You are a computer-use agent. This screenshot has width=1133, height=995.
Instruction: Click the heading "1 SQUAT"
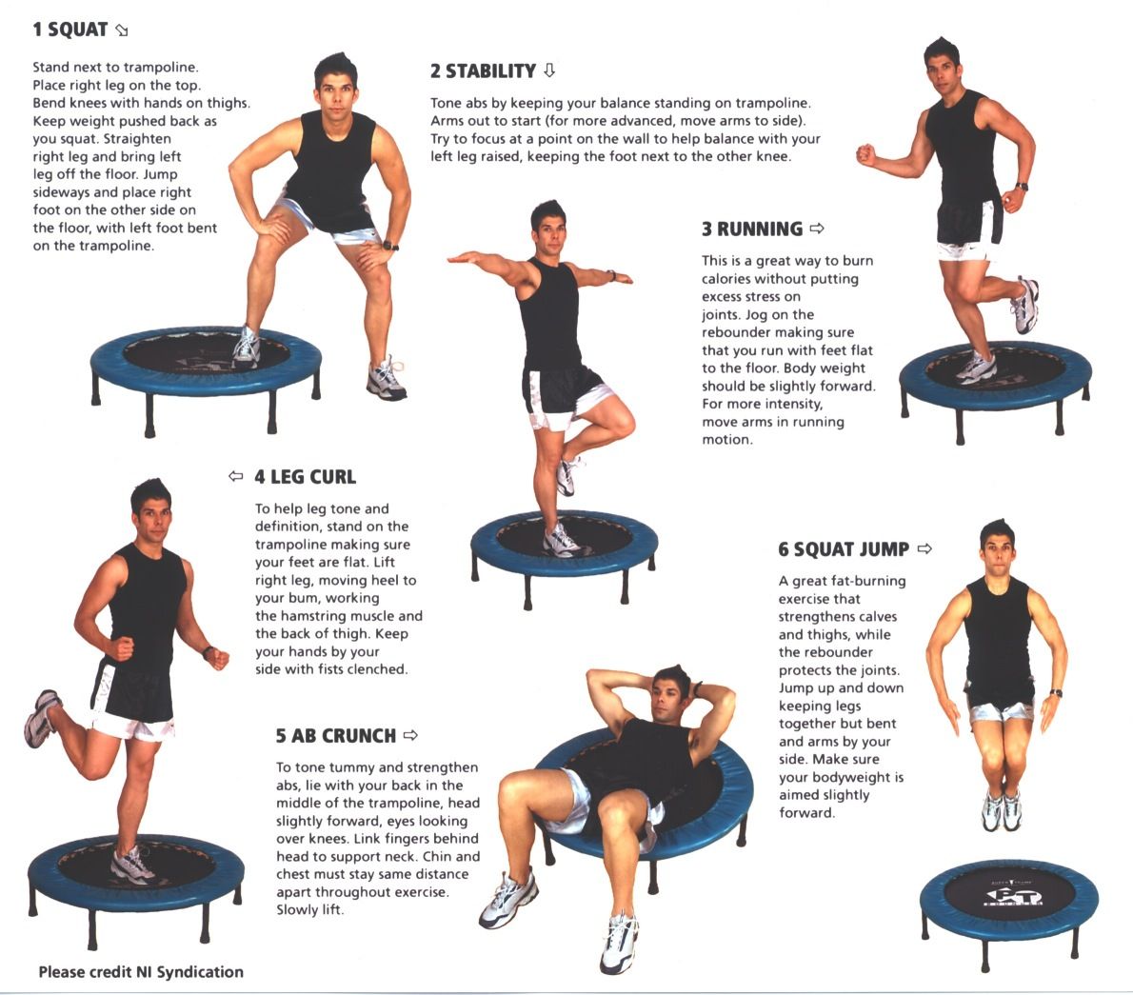(70, 30)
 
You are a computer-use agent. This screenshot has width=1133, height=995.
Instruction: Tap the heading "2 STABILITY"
(483, 70)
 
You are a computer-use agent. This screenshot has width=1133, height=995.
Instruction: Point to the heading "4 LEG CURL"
(305, 477)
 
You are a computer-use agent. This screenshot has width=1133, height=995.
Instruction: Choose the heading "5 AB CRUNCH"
(335, 735)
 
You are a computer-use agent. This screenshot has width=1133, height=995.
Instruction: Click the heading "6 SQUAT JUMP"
(844, 549)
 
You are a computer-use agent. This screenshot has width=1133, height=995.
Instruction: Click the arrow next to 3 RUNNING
(816, 229)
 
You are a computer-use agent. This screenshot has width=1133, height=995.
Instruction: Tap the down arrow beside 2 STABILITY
(548, 70)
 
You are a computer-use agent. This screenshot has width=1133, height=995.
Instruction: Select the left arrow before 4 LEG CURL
(236, 476)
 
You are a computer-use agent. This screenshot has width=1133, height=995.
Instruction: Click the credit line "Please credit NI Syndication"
(141, 972)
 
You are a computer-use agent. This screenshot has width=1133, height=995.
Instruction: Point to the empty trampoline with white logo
(1008, 899)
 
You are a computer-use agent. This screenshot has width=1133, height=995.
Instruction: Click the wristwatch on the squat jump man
(1056, 693)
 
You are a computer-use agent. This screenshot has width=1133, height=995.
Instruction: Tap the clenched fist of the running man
(865, 155)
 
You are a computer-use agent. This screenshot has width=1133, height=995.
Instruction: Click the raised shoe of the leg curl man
(41, 719)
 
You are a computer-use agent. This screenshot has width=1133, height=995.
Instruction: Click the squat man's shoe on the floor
(387, 380)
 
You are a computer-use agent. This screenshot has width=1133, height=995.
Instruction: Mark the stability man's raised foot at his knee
(568, 475)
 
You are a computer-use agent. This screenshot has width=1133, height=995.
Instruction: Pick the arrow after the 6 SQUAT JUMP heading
(924, 548)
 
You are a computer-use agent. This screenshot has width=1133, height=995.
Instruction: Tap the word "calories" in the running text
(726, 279)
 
